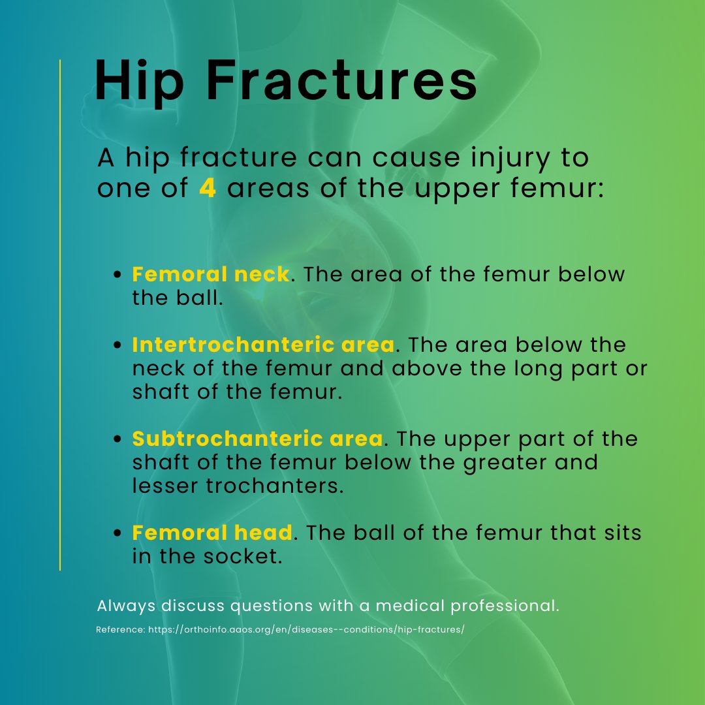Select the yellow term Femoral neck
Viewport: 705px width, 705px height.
pos(210,274)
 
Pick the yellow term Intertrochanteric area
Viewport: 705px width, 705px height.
pos(263,345)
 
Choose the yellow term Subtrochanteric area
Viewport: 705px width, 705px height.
pos(257,439)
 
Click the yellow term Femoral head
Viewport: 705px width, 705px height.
pos(211,533)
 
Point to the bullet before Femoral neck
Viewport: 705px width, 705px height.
pos(118,275)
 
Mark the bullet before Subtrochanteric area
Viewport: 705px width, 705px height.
pos(118,440)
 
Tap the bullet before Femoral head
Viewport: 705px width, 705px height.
pos(118,534)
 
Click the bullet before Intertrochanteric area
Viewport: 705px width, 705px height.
pos(118,346)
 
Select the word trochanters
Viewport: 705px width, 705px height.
pos(281,487)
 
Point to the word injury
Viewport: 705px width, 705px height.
pos(475,158)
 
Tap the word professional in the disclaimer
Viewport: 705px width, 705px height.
pos(504,606)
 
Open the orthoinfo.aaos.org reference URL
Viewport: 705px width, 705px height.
pos(305,630)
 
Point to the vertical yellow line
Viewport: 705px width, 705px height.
pos(60,313)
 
